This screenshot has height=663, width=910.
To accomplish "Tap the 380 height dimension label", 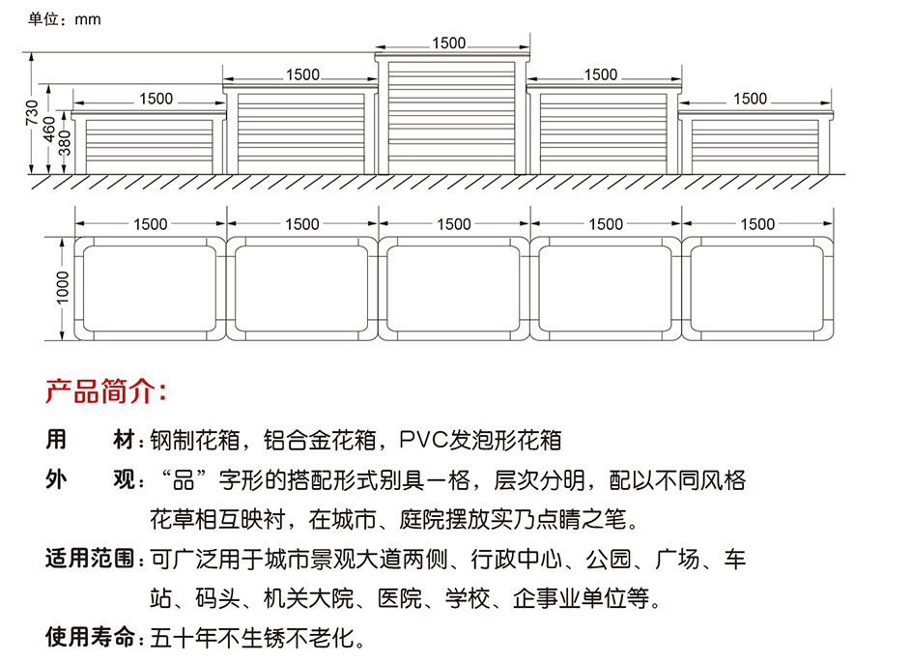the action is click(65, 143).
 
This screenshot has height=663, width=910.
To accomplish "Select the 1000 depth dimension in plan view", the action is click(62, 287).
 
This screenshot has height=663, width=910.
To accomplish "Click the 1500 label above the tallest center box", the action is click(448, 43).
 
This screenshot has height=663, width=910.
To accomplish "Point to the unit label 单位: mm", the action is click(64, 19).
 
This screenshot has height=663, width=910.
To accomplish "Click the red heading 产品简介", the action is click(105, 390).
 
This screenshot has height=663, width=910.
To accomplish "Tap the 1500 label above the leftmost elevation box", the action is click(156, 99).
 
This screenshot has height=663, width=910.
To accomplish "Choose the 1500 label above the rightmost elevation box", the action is click(750, 99).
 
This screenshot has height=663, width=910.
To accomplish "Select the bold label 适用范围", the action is click(90, 559).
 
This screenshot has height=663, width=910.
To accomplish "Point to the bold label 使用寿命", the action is click(90, 637).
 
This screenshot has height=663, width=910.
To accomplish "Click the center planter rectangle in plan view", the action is click(453, 288).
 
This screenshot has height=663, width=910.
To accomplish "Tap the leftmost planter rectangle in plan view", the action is click(150, 288).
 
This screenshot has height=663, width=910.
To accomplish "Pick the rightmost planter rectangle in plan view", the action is click(757, 288).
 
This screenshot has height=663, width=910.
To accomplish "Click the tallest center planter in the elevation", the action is click(452, 113).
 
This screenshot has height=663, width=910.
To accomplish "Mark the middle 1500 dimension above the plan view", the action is click(454, 224).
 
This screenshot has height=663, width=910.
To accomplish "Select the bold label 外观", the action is click(90, 479).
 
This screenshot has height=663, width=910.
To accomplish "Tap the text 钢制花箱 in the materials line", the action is click(195, 440).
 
